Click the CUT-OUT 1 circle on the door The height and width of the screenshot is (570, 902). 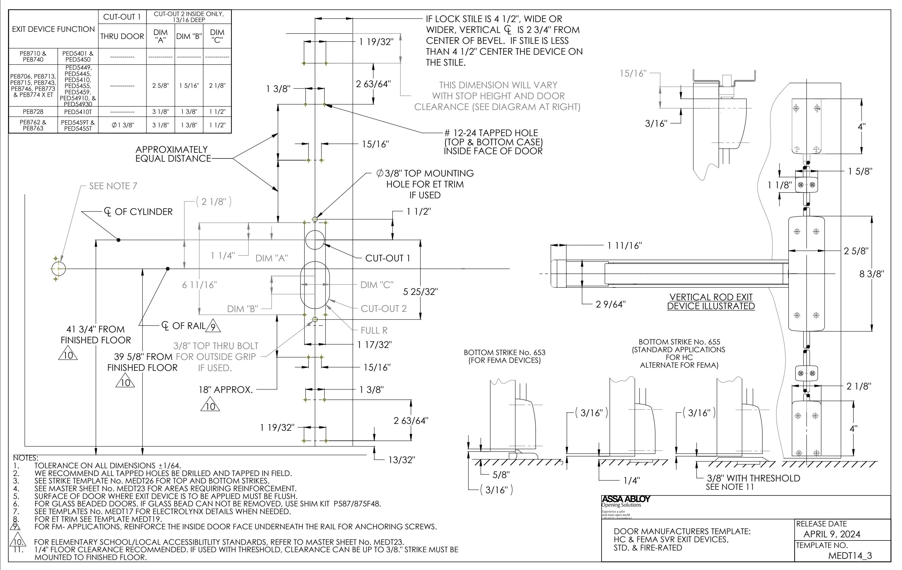(315, 240)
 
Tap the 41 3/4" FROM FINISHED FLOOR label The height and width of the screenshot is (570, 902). (96, 334)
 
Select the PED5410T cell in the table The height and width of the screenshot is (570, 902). (78, 112)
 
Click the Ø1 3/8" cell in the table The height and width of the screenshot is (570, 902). (122, 125)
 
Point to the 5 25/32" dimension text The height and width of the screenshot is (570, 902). (420, 292)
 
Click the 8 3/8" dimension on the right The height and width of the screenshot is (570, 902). (871, 274)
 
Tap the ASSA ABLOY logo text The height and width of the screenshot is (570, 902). (626, 499)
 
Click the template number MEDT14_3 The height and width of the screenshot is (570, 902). (850, 555)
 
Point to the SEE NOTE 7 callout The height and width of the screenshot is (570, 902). (113, 186)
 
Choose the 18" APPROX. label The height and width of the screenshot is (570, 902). (225, 390)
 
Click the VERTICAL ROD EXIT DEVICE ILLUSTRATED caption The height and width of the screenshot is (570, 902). (711, 301)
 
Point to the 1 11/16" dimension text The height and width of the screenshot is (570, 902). (624, 246)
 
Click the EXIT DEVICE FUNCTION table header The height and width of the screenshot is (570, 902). (53, 29)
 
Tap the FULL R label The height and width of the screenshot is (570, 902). (374, 330)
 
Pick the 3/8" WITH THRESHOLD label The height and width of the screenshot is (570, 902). (753, 478)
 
